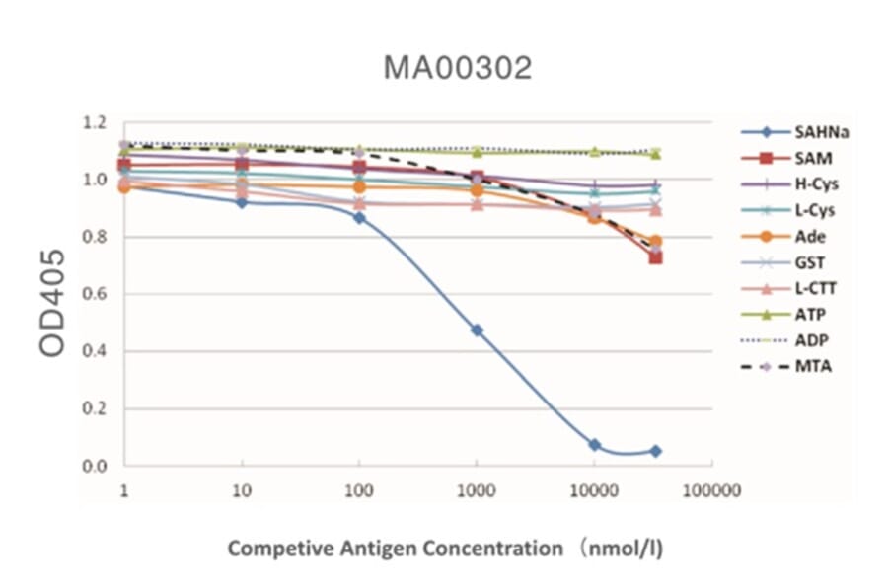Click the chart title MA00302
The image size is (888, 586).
(x=457, y=68)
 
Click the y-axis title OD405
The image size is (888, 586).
(x=55, y=296)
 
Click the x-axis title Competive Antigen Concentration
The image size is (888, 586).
(x=445, y=549)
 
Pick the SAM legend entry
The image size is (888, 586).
(x=810, y=158)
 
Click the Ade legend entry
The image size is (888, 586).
(x=808, y=237)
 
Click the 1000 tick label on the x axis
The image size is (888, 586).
(x=477, y=490)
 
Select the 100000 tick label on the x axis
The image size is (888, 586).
(x=712, y=490)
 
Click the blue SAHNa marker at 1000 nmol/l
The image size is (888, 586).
(x=477, y=330)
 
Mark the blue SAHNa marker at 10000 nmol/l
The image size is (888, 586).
(x=595, y=445)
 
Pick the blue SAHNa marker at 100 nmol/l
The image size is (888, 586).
(x=359, y=217)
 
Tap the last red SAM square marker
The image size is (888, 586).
(x=656, y=257)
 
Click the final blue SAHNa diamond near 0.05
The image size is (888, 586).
(x=656, y=451)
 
